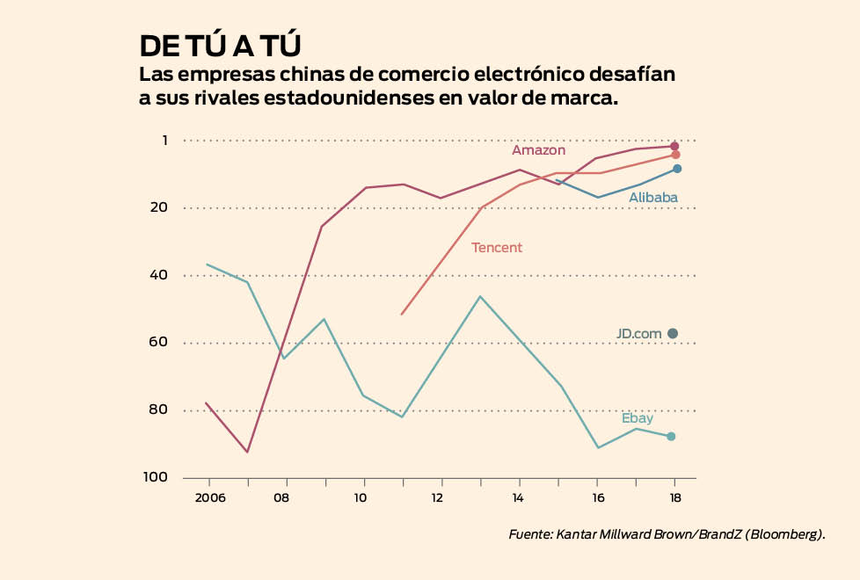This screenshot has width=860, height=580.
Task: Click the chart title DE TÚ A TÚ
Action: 221,45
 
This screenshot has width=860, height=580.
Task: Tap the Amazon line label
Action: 538,150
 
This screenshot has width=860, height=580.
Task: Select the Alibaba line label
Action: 653,198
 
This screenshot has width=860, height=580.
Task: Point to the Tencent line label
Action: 497,248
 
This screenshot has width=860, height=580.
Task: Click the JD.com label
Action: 638,334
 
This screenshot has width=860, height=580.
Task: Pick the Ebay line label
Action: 638,418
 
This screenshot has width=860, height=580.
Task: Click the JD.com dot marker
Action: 673,333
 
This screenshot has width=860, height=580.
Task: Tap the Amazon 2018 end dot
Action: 674,146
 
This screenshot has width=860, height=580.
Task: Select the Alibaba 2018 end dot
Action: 676,168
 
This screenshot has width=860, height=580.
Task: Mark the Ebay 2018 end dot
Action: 671,436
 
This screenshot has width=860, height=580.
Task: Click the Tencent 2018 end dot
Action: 675,155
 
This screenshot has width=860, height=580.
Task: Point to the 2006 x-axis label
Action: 210,497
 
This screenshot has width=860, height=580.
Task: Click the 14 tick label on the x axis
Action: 520,497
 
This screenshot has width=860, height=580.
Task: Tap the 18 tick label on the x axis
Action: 674,497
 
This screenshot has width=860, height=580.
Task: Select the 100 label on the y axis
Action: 155,477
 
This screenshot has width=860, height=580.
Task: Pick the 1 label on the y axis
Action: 164,141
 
